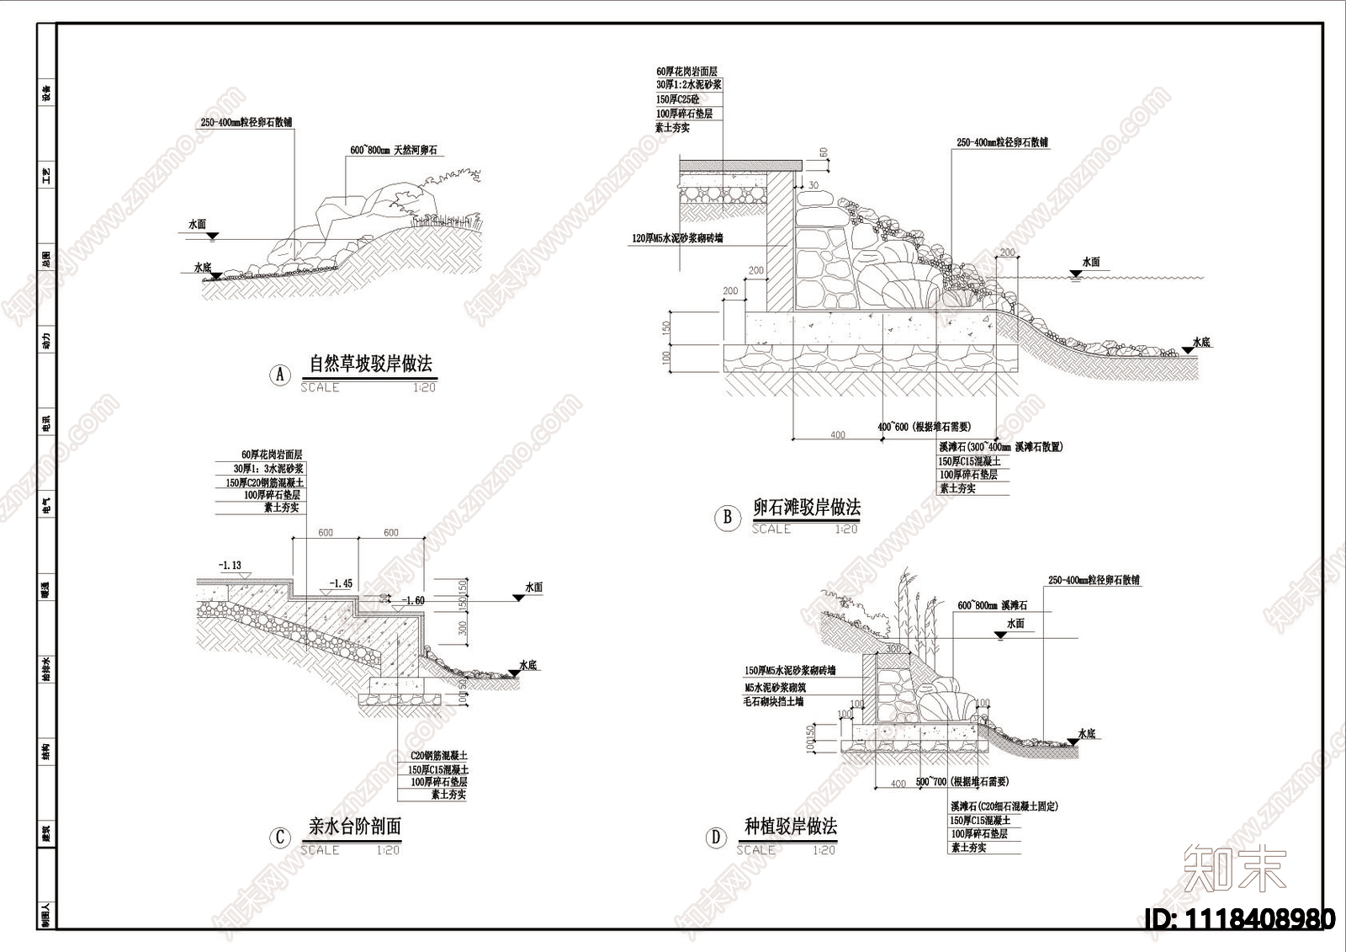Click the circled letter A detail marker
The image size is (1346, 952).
coord(280,375)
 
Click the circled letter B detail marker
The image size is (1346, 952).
coord(727,517)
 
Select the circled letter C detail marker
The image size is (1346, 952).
coord(280,838)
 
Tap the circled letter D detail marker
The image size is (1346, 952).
coord(716,838)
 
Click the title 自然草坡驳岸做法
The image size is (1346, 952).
coord(370,364)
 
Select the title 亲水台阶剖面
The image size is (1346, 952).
coord(354,827)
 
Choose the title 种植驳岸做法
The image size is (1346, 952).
coord(791,827)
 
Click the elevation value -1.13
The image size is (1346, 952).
coord(229,566)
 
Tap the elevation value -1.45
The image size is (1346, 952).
coord(341,583)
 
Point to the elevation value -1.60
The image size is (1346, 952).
coord(413,600)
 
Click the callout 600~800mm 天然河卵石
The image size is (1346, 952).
coord(394,151)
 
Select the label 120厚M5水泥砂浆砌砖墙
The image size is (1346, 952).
coord(677,238)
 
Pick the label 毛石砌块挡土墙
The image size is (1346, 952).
coord(772,701)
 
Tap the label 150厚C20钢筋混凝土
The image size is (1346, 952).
coord(270,482)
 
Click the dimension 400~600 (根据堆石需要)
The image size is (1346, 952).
coord(924,427)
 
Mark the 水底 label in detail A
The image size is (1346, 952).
coord(203,268)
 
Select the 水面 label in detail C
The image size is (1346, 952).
coord(533,587)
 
